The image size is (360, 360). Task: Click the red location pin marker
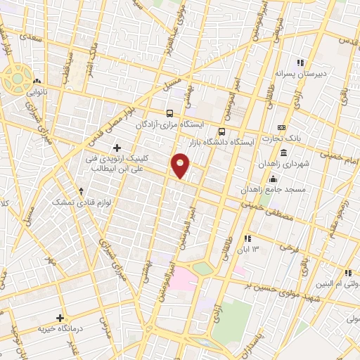click(181, 166)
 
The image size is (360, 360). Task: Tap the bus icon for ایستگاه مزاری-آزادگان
click(169, 113)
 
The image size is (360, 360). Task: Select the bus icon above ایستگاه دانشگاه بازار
click(222, 131)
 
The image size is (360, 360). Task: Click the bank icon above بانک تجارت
click(282, 127)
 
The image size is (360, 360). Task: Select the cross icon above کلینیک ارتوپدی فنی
click(117, 148)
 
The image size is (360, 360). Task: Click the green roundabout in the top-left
click(15, 79)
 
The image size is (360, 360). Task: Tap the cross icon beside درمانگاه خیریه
click(60, 318)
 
